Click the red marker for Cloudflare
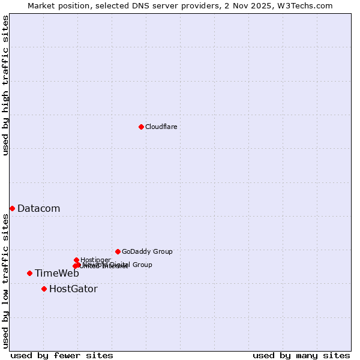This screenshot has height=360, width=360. point(141,127)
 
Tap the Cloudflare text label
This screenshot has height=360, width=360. point(161,127)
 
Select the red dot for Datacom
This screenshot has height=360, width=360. point(12,208)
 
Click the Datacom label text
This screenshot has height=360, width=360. point(38,209)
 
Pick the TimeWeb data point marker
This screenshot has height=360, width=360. point(29,273)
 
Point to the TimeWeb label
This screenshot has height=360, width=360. point(56,274)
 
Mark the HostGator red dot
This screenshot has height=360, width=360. point(44,289)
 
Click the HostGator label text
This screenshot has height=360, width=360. point(73,289)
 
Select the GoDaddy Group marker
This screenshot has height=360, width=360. point(118,251)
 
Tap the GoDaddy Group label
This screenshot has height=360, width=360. point(147,252)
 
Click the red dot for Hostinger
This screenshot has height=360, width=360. point(76,260)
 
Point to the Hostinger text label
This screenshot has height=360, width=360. point(95,260)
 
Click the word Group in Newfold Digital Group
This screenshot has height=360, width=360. point(142,265)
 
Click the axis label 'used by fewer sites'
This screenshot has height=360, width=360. point(62,356)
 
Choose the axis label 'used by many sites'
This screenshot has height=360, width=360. point(301,356)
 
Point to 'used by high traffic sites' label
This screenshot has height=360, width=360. point(5,85)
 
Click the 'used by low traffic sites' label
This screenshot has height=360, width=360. point(5,281)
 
